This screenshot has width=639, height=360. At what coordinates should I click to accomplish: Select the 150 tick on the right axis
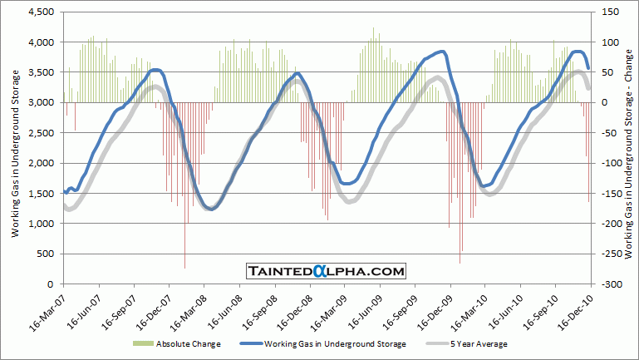point(610,12)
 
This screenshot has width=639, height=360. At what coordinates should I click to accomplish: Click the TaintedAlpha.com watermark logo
point(326,271)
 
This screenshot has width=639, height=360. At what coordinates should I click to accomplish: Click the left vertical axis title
point(16,148)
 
